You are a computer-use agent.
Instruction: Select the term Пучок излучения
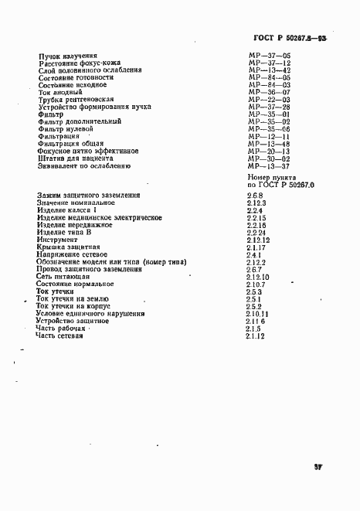(x=67, y=56)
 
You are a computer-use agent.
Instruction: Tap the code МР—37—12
(x=269, y=63)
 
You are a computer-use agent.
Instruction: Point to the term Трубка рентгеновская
(x=76, y=100)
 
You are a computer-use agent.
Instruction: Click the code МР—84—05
(x=269, y=78)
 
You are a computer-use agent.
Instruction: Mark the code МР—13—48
(x=269, y=144)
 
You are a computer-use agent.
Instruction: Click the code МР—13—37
(x=269, y=165)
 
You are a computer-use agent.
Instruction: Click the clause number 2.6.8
(x=255, y=196)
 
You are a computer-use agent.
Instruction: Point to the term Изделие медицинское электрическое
(x=99, y=218)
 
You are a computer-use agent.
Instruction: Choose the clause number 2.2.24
(x=256, y=233)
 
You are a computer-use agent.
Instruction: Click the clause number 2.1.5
(x=255, y=329)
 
